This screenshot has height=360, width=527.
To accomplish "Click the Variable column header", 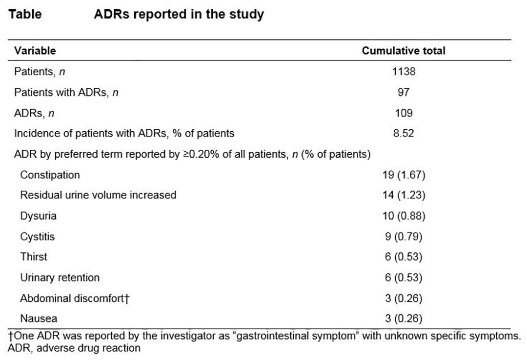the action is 35,51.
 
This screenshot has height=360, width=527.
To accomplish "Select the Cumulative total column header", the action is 404,51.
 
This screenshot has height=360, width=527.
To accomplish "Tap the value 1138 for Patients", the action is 404,72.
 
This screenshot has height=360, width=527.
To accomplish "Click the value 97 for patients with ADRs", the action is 404,92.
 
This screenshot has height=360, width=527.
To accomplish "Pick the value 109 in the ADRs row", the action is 404,113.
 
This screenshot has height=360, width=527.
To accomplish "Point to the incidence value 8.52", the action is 404,134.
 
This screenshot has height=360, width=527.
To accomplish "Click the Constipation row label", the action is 50,175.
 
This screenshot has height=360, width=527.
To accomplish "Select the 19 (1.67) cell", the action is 404,175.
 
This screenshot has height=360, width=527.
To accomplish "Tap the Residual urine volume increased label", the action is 98,195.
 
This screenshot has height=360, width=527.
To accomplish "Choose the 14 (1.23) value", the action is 404,195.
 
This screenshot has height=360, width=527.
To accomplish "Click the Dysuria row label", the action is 39,216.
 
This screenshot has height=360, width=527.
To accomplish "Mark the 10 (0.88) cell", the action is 404,216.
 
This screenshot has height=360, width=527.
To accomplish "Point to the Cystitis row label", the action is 37,237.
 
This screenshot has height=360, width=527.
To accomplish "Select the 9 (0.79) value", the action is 404,237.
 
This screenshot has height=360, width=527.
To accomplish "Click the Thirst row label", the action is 34,257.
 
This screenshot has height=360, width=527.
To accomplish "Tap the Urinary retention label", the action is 60,278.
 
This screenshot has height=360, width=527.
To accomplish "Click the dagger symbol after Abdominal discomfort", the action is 127,299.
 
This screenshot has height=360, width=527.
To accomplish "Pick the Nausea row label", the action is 39,319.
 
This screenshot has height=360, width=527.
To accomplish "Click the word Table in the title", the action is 25,14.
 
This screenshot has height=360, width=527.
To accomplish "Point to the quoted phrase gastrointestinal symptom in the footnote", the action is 296,336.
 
